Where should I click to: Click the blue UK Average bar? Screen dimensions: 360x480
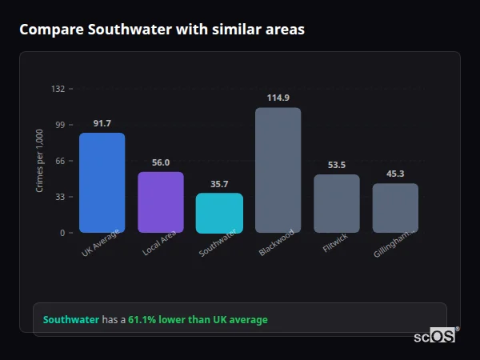click(102, 182)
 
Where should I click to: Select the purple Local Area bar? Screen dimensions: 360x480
click(161, 202)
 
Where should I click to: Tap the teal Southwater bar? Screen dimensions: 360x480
click(219, 213)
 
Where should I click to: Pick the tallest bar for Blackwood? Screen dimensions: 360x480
click(278, 170)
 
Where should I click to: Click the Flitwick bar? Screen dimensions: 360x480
click(337, 204)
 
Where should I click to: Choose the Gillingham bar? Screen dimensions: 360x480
click(395, 208)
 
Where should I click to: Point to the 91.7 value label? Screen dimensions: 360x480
click(102, 123)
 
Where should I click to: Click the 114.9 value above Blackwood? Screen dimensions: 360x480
click(278, 98)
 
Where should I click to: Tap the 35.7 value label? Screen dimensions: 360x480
click(219, 183)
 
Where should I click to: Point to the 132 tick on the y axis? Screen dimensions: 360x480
click(58, 89)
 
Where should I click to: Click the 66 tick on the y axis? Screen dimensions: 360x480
click(60, 161)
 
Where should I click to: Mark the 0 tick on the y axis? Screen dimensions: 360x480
click(62, 233)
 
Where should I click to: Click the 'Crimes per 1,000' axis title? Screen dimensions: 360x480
click(40, 161)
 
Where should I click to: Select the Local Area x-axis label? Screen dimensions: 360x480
click(160, 242)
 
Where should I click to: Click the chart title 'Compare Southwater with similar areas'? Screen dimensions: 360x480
click(162, 30)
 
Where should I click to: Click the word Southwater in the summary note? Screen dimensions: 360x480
click(71, 320)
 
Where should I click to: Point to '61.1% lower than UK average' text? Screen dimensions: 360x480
click(198, 320)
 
